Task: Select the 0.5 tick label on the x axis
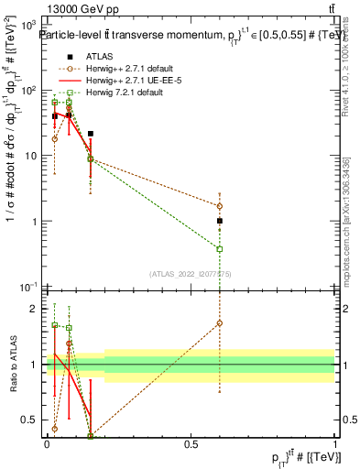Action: point(191,443)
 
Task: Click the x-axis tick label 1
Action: point(334,443)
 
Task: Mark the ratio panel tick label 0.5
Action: point(31,420)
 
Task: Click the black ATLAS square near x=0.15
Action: point(90,134)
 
